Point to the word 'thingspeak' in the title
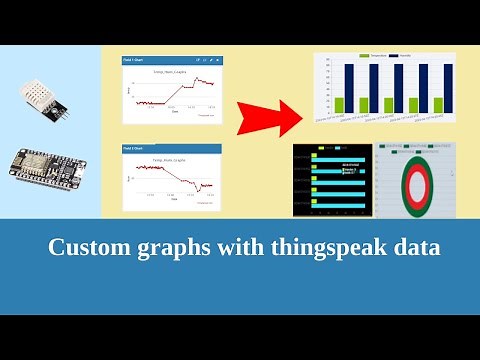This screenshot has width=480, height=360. point(331,248)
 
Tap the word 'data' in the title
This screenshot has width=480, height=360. point(417,248)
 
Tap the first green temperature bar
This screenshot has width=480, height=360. point(338,105)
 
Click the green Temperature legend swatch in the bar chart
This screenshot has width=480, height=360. point(365,57)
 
